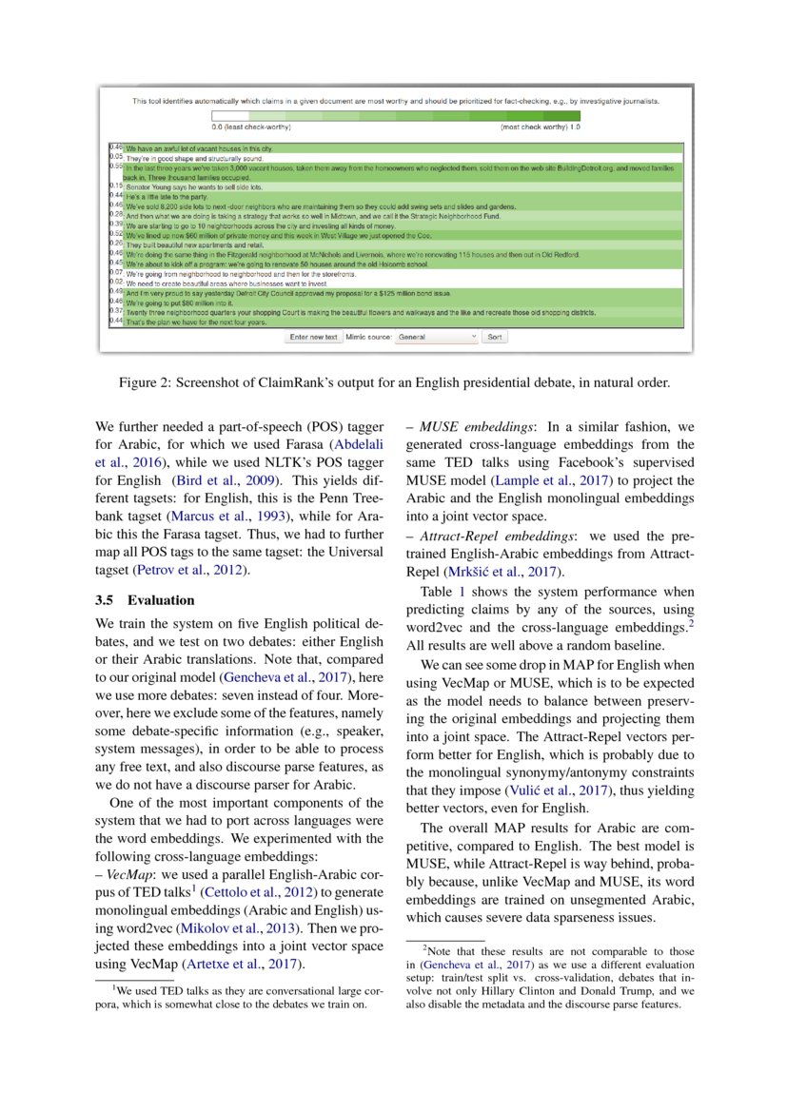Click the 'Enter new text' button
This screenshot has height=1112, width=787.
click(314, 337)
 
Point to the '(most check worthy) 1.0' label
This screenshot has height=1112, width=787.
click(540, 127)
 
